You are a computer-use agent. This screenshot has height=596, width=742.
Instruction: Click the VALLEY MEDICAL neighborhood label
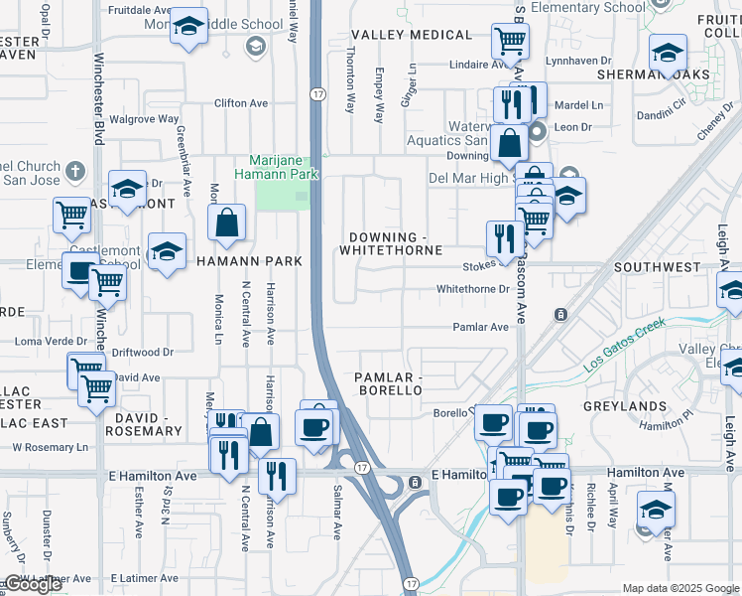412,35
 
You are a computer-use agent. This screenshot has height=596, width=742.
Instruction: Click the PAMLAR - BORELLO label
389,384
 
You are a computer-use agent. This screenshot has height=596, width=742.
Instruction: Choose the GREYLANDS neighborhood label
626,406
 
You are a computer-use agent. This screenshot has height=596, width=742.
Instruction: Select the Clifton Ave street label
241,103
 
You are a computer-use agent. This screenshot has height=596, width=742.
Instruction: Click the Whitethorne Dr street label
472,290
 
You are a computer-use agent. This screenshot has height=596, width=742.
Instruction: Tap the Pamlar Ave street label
480,327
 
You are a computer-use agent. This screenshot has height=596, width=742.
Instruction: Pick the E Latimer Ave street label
145,578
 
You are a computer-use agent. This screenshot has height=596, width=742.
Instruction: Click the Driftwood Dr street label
142,352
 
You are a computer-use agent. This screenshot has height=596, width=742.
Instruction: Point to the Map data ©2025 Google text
680,588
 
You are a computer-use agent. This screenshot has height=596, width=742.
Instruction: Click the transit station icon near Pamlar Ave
560,315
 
